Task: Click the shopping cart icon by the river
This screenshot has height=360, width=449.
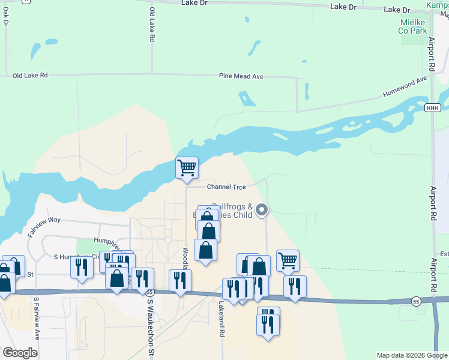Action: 187,167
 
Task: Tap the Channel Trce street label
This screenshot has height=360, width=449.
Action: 227,187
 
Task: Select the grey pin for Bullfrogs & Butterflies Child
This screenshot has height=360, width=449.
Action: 262,210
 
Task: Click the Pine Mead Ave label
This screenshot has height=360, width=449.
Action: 241,77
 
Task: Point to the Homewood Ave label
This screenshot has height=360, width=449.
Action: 405,87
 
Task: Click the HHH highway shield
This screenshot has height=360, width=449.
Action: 432,107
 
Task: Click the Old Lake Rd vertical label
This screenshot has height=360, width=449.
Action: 152,25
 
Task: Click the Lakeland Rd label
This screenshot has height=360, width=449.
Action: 221,321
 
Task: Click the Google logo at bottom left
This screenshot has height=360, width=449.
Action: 20,353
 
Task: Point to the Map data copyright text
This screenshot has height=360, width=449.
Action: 411,355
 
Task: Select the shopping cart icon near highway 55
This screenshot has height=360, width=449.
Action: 288,260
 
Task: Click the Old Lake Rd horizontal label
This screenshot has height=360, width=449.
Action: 29,76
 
